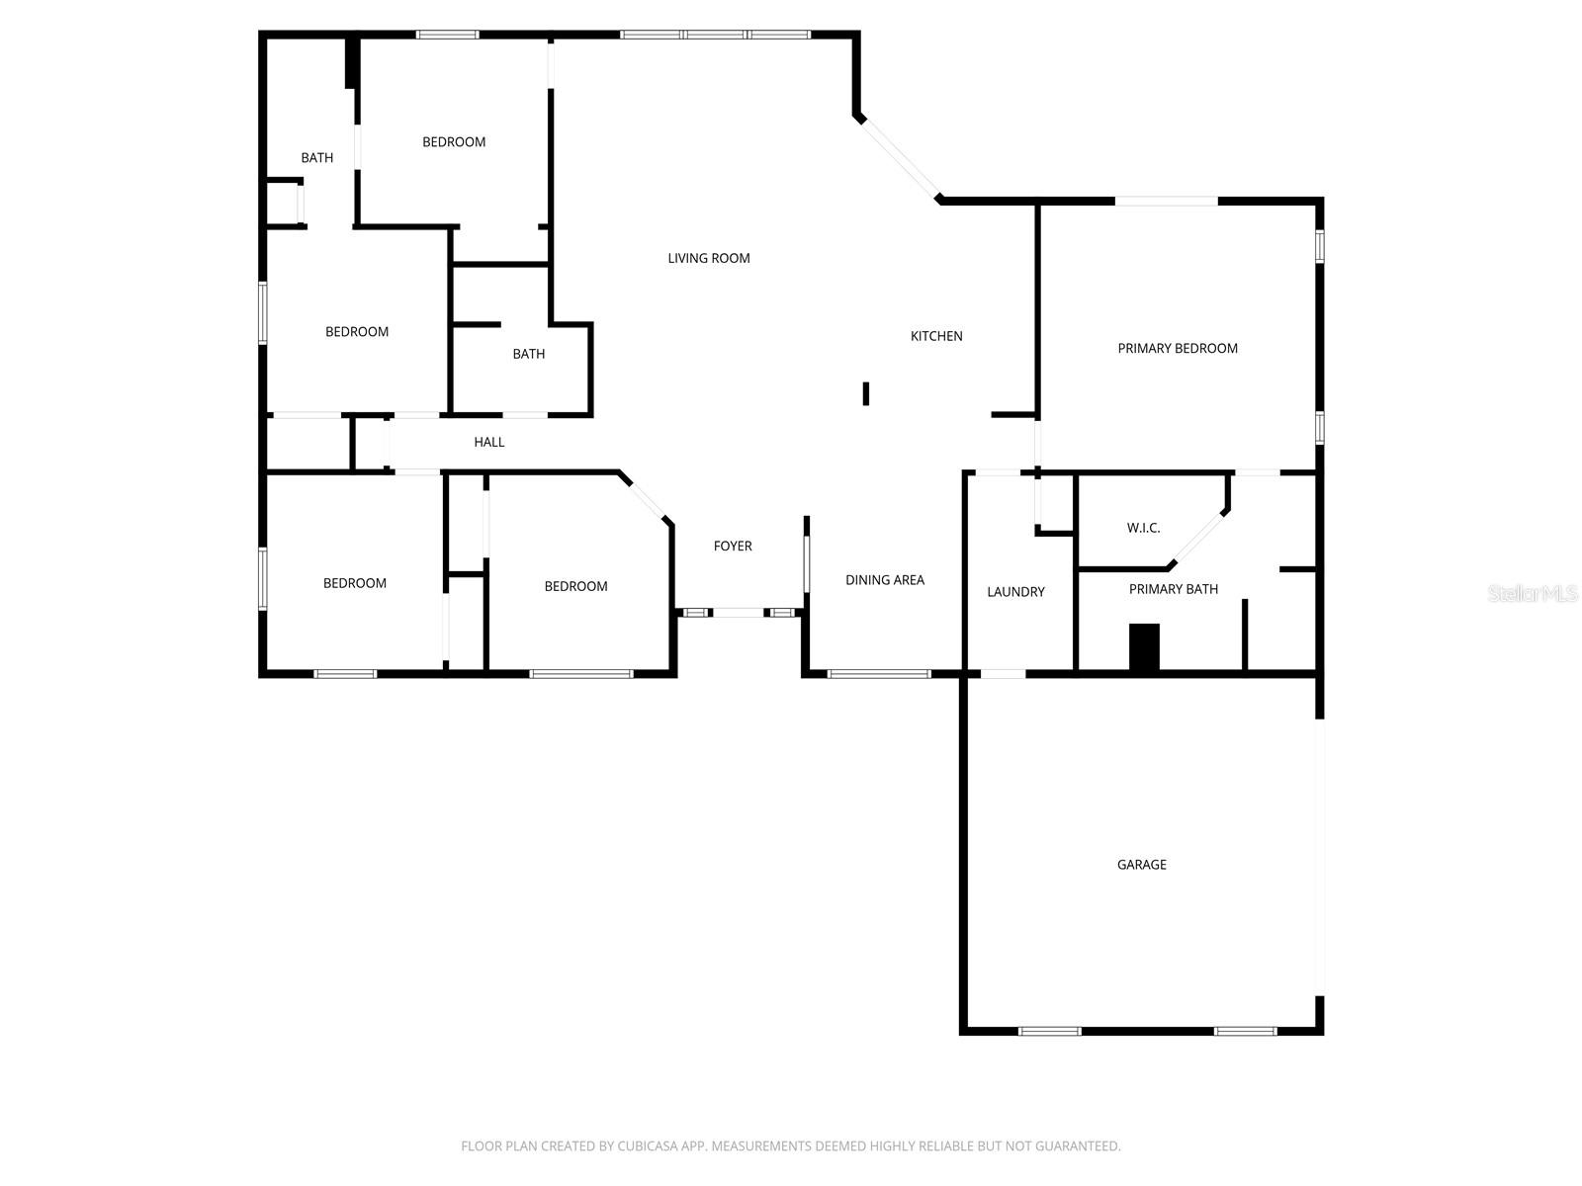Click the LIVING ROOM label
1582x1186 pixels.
(708, 258)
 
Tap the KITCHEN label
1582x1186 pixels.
(936, 336)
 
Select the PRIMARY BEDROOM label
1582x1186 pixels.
(1177, 348)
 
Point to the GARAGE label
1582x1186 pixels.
(1141, 865)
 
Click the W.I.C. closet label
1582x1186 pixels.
(1143, 528)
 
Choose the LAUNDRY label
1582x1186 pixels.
(1015, 592)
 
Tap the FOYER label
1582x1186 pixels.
(733, 546)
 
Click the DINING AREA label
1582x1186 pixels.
(884, 580)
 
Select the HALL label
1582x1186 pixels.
(488, 442)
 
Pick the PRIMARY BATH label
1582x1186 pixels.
(1173, 589)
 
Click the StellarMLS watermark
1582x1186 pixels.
(1532, 593)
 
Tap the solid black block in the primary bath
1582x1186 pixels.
(1144, 647)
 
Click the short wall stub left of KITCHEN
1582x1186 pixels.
(866, 393)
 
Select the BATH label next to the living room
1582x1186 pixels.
(528, 354)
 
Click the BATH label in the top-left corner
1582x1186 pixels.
(316, 158)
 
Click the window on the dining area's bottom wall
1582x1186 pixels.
(879, 674)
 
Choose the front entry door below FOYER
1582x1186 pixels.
(739, 613)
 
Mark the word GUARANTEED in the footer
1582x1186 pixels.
(1076, 1146)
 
